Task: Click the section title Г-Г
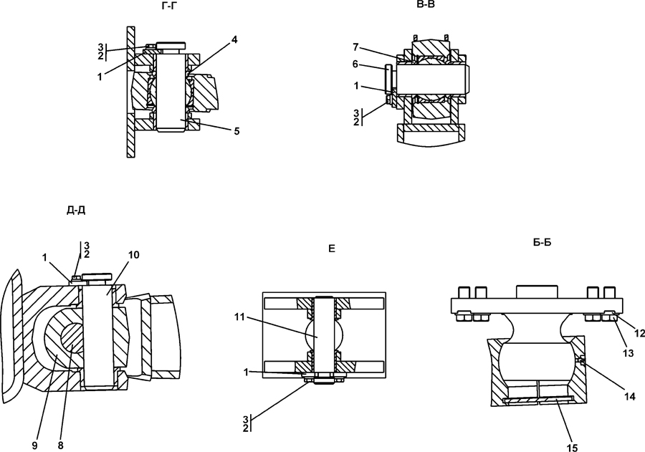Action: tap(170, 5)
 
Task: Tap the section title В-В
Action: tap(425, 4)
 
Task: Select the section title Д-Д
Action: tap(76, 211)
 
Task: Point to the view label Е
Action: tap(332, 249)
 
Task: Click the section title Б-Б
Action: tap(543, 243)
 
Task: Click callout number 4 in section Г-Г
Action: tap(234, 40)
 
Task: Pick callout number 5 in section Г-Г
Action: tap(236, 131)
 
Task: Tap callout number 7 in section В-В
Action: tap(355, 47)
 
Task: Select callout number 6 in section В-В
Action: tap(355, 64)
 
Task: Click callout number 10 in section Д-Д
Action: tap(134, 255)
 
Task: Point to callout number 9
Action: tap(35, 446)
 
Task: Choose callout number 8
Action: tap(61, 446)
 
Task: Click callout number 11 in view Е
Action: tap(240, 317)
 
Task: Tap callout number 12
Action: tap(639, 334)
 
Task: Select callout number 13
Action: tap(628, 353)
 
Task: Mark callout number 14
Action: tap(630, 396)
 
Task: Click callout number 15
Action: tap(572, 448)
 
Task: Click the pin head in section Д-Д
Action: tap(97, 277)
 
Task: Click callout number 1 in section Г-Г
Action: tap(100, 77)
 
